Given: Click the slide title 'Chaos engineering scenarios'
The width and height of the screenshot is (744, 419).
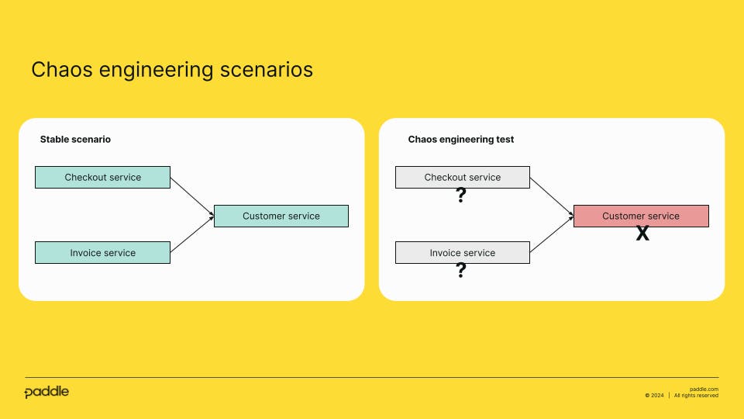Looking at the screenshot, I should (172, 70).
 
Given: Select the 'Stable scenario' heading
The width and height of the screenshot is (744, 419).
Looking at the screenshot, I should (75, 140).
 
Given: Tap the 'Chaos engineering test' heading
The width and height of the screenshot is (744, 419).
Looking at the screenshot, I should (461, 140).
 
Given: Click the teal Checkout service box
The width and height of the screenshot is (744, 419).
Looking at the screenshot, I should (102, 177).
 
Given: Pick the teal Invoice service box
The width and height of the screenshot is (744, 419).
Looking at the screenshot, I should (102, 253).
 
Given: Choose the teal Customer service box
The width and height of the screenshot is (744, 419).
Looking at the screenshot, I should (281, 216).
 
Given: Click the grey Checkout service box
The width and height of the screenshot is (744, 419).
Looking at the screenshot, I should (462, 177).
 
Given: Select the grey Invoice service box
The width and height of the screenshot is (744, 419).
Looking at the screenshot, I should (462, 253).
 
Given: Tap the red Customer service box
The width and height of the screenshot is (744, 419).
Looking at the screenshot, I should (640, 216).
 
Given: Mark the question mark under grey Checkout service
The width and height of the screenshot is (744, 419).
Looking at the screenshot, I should (461, 196).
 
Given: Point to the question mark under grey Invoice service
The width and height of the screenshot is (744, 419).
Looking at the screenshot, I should (461, 270).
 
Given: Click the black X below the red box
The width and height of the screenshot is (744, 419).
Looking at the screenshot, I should (642, 234).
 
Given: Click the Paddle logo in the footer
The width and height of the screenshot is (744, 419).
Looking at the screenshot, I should (46, 392).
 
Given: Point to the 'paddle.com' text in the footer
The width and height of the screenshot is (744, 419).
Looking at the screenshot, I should (704, 389).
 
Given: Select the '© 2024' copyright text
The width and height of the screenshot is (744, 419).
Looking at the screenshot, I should (654, 396).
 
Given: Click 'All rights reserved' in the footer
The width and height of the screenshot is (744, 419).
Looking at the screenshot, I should (696, 396).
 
